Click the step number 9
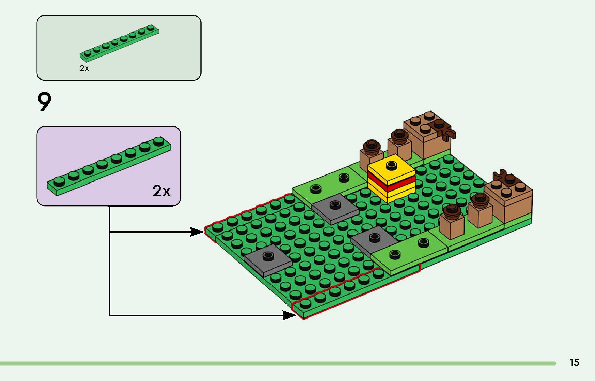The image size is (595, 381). tap(44, 102)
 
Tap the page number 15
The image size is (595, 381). tap(574, 362)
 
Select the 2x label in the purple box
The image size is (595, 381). tap(161, 191)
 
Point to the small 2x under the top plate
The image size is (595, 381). tap(84, 68)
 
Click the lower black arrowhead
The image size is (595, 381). tap(289, 315)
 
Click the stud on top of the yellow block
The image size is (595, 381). tap(391, 165)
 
